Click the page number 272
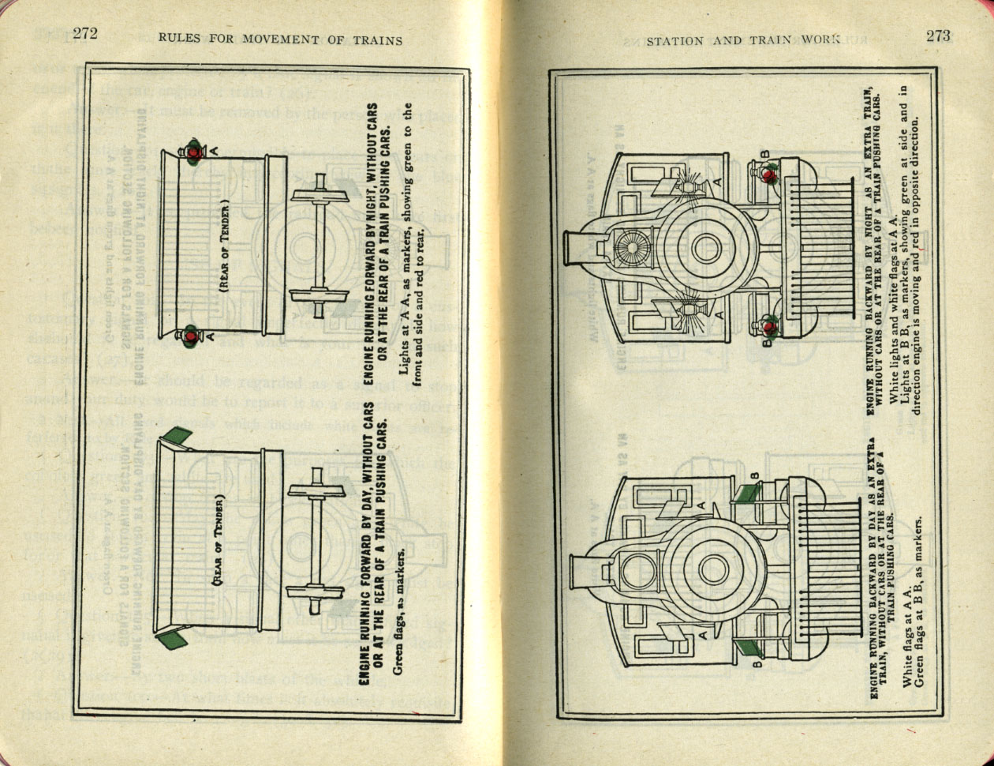click(x=84, y=33)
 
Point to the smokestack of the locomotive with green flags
click(x=582, y=569)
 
